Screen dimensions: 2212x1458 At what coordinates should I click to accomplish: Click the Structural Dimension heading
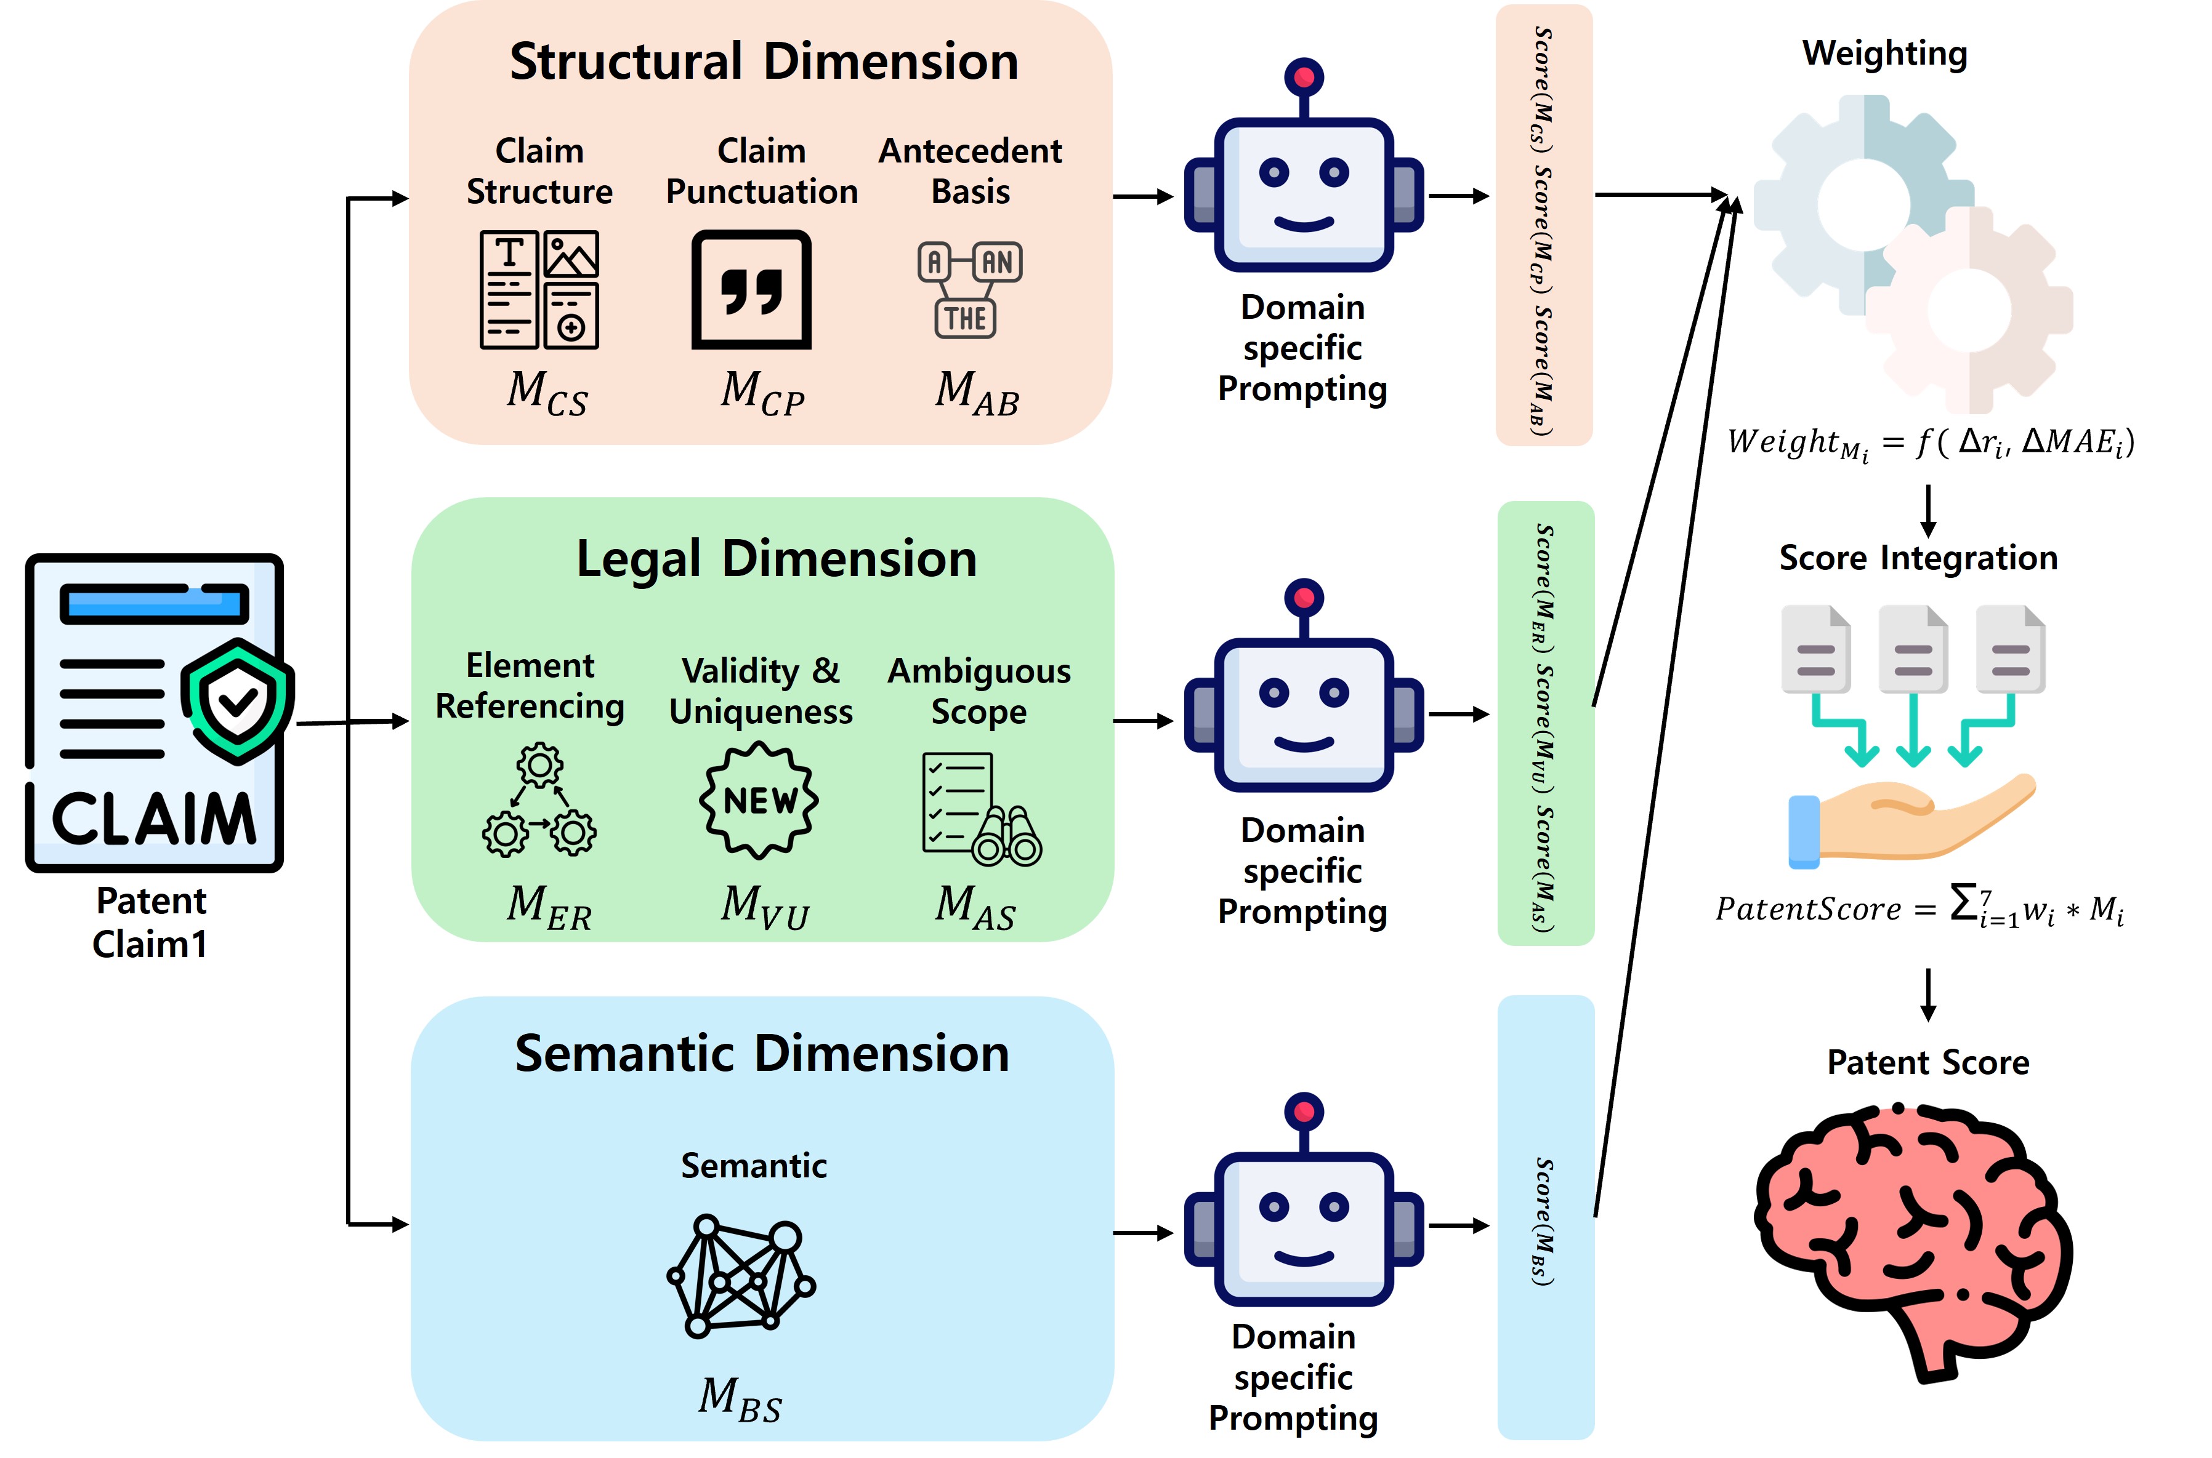pyautogui.click(x=764, y=62)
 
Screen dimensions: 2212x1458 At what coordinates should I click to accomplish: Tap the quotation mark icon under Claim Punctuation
pyautogui.click(x=751, y=290)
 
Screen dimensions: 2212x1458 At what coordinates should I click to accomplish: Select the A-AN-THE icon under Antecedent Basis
pyautogui.click(x=969, y=290)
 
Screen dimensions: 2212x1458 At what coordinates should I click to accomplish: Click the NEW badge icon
pyautogui.click(x=759, y=799)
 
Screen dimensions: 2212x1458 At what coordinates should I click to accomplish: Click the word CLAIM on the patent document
pyautogui.click(x=153, y=819)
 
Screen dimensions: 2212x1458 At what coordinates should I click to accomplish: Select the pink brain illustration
pyautogui.click(x=1913, y=1241)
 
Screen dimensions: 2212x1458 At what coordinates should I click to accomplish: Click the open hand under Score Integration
pyautogui.click(x=1911, y=820)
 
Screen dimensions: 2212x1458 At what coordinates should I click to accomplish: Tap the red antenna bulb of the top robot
pyautogui.click(x=1304, y=77)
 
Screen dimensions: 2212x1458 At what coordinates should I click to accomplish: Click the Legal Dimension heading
pyautogui.click(x=777, y=559)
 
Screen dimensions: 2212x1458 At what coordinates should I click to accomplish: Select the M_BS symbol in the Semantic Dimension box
pyautogui.click(x=740, y=1400)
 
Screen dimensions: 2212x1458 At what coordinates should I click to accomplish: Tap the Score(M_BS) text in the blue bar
pyautogui.click(x=1544, y=1221)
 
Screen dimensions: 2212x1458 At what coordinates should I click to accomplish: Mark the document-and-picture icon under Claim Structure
pyautogui.click(x=539, y=289)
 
